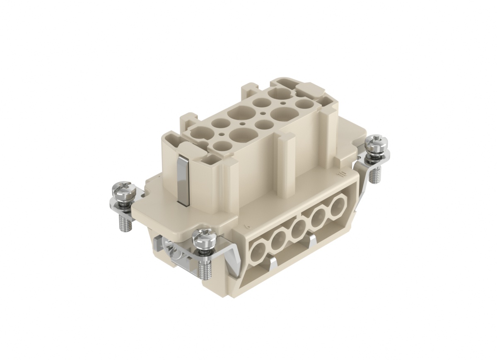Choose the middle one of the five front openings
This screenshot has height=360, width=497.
coord(298,227)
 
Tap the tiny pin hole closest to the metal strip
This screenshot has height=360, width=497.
coord(222,134)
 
